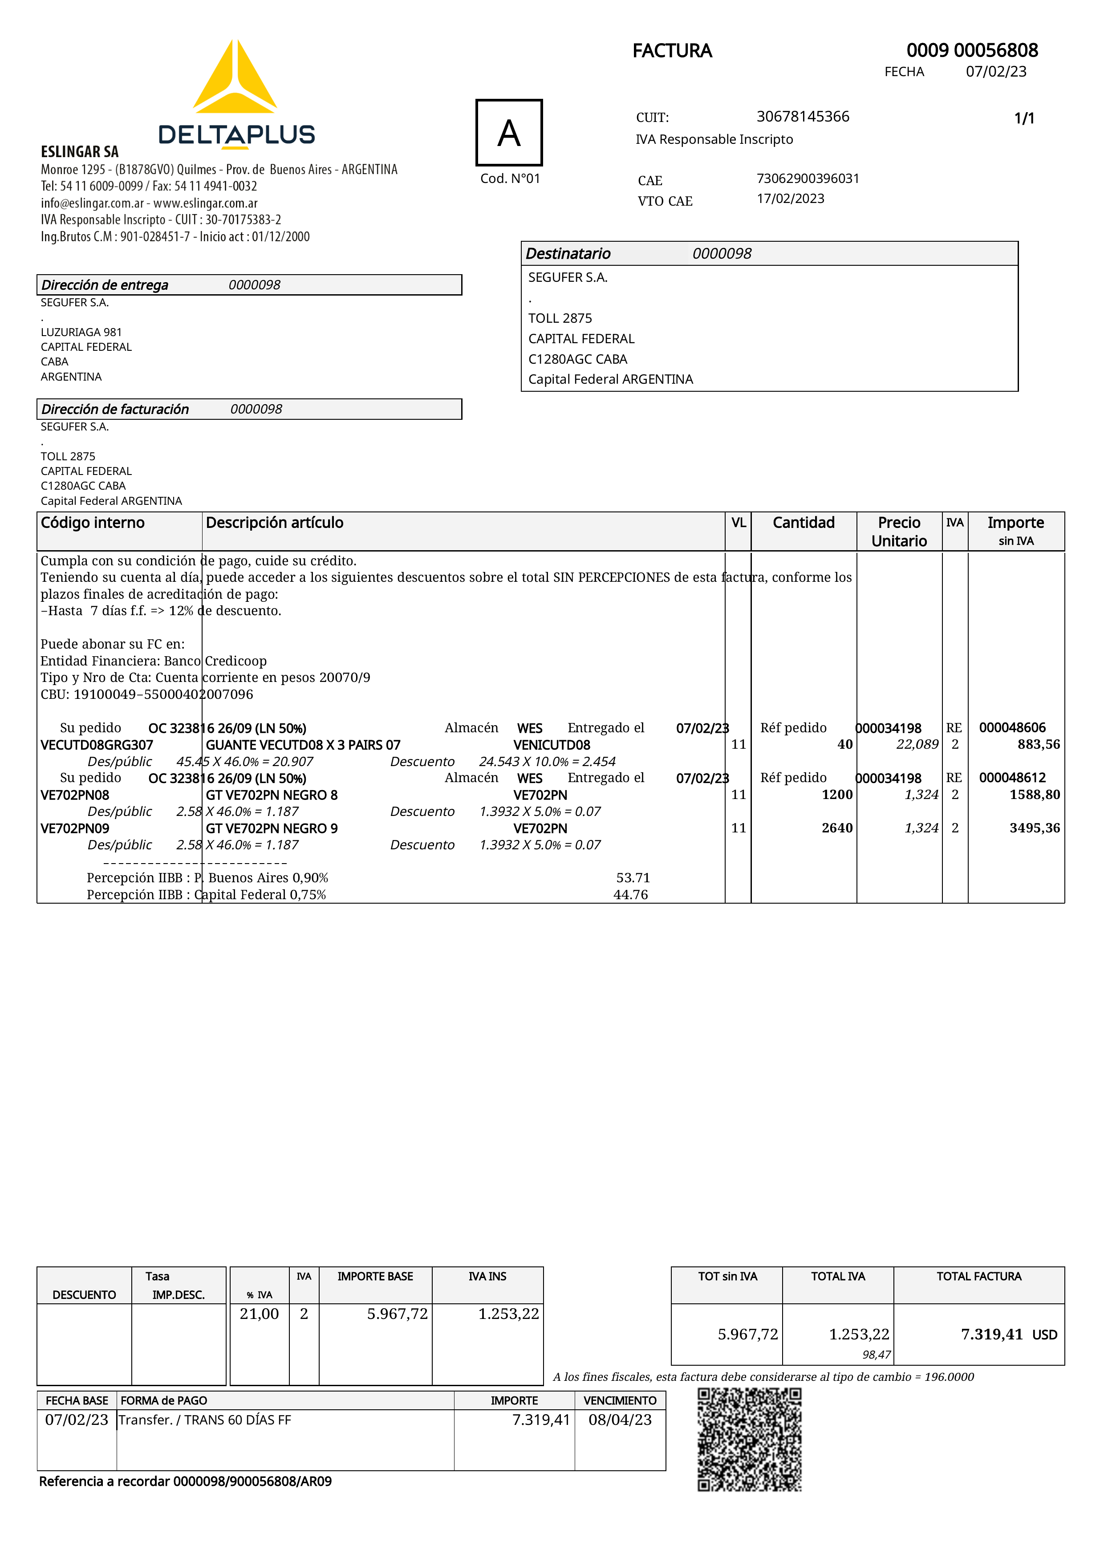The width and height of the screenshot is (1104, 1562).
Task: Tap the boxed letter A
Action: click(509, 133)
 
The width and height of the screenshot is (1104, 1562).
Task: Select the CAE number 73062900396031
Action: click(808, 178)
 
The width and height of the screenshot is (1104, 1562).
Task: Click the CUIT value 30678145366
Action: click(803, 116)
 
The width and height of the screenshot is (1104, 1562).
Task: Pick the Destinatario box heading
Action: click(568, 254)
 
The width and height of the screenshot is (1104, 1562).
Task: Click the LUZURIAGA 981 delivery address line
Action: click(81, 332)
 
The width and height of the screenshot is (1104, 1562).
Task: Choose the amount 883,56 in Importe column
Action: click(1038, 744)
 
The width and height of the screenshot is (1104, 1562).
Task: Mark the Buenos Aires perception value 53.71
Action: click(633, 878)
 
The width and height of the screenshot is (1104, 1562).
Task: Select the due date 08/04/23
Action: click(620, 1420)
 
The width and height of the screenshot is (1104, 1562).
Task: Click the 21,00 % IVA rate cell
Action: click(259, 1314)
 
